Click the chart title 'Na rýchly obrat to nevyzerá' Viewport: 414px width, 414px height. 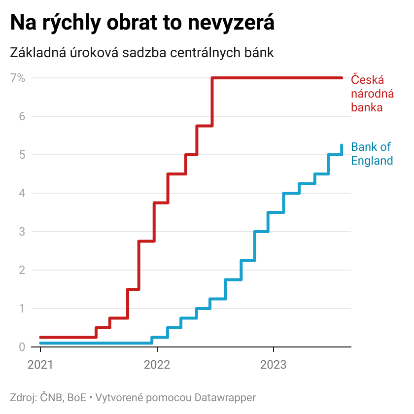tap(142, 23)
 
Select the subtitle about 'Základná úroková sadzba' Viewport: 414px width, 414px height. tap(142, 53)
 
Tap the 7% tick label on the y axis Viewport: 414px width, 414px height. tap(18, 78)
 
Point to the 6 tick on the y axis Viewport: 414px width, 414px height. tap(22, 116)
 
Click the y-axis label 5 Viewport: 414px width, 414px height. tap(22, 155)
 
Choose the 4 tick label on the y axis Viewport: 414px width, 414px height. tap(22, 193)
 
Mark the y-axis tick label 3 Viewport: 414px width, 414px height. tap(22, 232)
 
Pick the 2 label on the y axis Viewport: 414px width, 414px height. tap(22, 270)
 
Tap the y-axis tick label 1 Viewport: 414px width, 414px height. tap(22, 309)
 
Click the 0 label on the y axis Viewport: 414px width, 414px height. tap(22, 347)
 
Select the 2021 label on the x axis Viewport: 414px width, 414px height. tap(40, 365)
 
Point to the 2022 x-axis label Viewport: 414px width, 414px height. tap(157, 365)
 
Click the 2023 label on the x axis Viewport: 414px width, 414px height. tap(273, 365)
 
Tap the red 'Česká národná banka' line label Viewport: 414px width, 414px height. tap(372, 93)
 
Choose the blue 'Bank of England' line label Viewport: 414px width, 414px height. tap(372, 154)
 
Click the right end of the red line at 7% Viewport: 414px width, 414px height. tap(342, 78)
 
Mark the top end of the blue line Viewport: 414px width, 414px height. tap(342, 145)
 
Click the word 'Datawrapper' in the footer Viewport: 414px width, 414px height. tap(225, 398)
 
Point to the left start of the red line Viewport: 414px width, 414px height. tap(40, 337)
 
